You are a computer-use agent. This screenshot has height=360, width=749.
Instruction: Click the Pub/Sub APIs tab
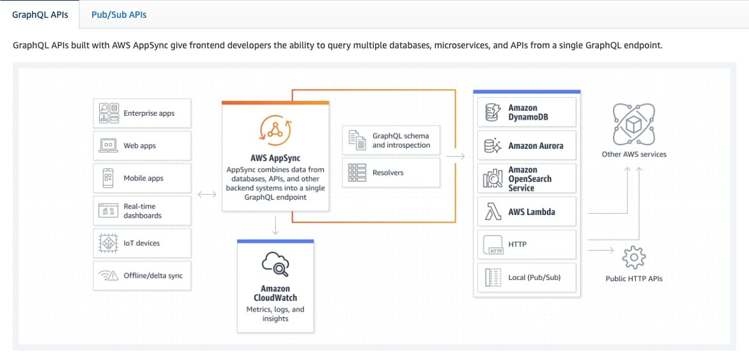click(x=119, y=15)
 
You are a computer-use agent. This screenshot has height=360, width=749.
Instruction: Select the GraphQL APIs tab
click(x=40, y=15)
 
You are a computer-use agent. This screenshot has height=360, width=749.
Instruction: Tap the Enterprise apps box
click(x=142, y=113)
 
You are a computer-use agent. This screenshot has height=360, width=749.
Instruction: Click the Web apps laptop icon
click(x=109, y=146)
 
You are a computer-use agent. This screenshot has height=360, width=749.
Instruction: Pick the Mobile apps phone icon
click(x=109, y=178)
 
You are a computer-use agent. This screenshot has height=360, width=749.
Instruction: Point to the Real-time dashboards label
click(x=143, y=211)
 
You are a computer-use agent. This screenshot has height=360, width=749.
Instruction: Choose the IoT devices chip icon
click(x=109, y=243)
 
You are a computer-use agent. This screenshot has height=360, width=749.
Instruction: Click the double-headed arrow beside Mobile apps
click(x=207, y=194)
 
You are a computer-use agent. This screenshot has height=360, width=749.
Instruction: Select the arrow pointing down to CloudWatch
click(x=275, y=225)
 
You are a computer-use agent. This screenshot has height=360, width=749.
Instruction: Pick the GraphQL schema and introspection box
click(x=391, y=140)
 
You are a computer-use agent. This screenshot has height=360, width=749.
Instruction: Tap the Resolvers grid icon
click(x=357, y=172)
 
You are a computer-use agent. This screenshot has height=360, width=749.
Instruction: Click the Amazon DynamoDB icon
click(x=492, y=113)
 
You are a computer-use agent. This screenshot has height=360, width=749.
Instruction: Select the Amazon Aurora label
click(x=535, y=146)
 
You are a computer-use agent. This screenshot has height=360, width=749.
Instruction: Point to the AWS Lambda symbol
click(x=492, y=211)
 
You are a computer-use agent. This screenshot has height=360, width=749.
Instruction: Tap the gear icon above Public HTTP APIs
click(x=634, y=258)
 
